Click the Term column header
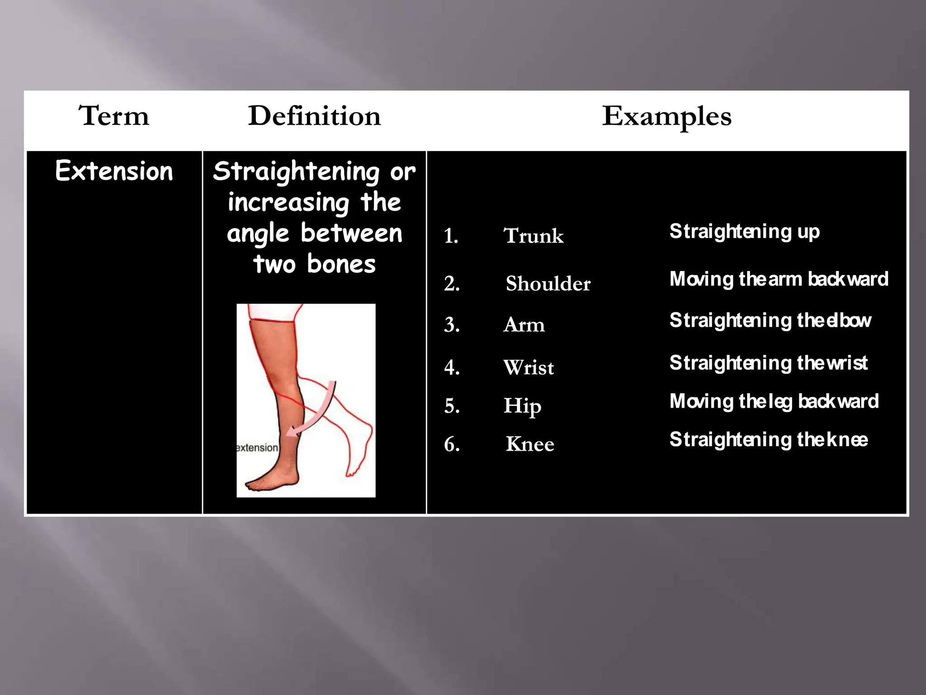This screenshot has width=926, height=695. pos(113,116)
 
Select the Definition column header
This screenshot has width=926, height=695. pos(314,116)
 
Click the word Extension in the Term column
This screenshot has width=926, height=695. pos(114,171)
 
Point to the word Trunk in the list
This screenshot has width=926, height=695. pos(534,236)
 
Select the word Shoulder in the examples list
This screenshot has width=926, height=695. pos(548,284)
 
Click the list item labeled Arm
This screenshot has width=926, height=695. pos(524,325)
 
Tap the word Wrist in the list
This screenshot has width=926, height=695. pos(528,367)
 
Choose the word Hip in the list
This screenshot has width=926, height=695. pos(522,406)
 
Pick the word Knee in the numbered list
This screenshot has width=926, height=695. pos(530,444)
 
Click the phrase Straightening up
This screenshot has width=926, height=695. pos(744,232)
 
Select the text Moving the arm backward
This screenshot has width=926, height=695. pos(779,279)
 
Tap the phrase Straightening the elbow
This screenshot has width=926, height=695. pos(770,320)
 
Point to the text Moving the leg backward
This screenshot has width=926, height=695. pos(774,401)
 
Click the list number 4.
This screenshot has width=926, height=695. pos(452,367)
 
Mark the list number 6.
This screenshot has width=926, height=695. pos(452,444)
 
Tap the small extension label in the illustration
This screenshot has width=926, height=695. pos(257,447)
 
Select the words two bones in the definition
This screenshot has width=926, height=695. pos(314,264)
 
